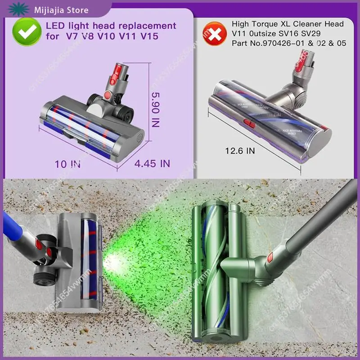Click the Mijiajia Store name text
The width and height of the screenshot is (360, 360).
click(x=59, y=10)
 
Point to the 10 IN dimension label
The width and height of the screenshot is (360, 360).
click(x=67, y=164)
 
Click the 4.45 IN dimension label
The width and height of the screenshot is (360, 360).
click(x=152, y=163)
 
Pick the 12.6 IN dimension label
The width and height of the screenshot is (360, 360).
click(x=240, y=151)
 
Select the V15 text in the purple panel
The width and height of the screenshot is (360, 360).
click(x=149, y=36)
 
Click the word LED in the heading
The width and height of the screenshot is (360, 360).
click(x=54, y=26)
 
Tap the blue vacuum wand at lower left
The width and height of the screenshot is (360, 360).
click(x=11, y=225)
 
